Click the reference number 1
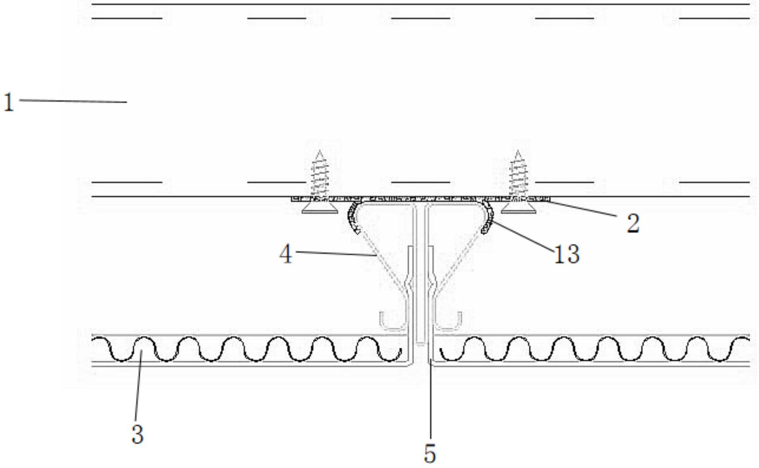click(x=9, y=102)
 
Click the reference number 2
click(x=632, y=223)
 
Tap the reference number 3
click(x=137, y=434)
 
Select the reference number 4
click(x=286, y=254)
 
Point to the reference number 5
click(x=430, y=454)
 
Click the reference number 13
click(x=566, y=254)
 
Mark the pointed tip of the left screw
click(x=320, y=153)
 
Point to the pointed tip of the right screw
click(x=518, y=153)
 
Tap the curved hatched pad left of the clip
click(x=352, y=217)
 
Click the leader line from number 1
click(x=73, y=101)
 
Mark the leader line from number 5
click(x=430, y=401)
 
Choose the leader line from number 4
click(x=334, y=253)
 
